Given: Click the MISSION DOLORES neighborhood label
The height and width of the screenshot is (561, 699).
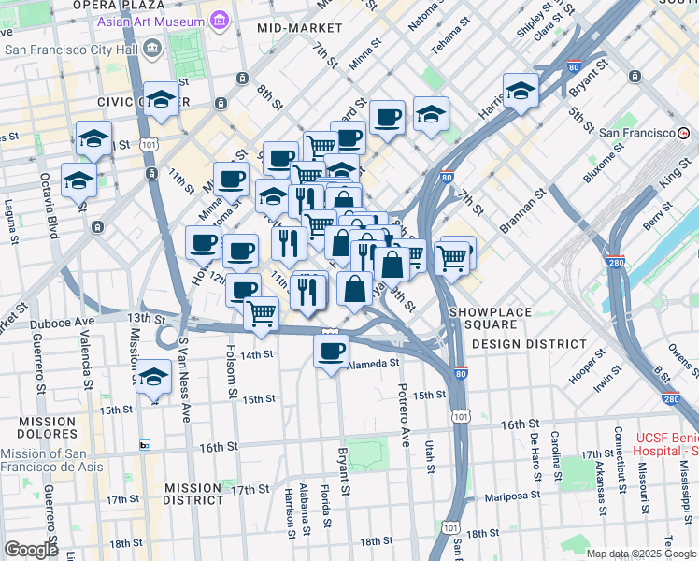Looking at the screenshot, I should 46,428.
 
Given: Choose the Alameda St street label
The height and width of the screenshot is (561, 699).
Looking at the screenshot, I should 373,364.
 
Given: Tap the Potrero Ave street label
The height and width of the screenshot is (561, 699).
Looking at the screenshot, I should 404,414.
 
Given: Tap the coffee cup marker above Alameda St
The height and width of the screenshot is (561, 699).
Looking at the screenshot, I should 331,352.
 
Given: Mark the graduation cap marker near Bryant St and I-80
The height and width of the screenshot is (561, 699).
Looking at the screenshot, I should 521,92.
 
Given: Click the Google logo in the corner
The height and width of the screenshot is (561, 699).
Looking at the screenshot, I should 31,550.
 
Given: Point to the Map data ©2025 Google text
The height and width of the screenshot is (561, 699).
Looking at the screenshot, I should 640,554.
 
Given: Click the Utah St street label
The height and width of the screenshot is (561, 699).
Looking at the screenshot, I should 430,453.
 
